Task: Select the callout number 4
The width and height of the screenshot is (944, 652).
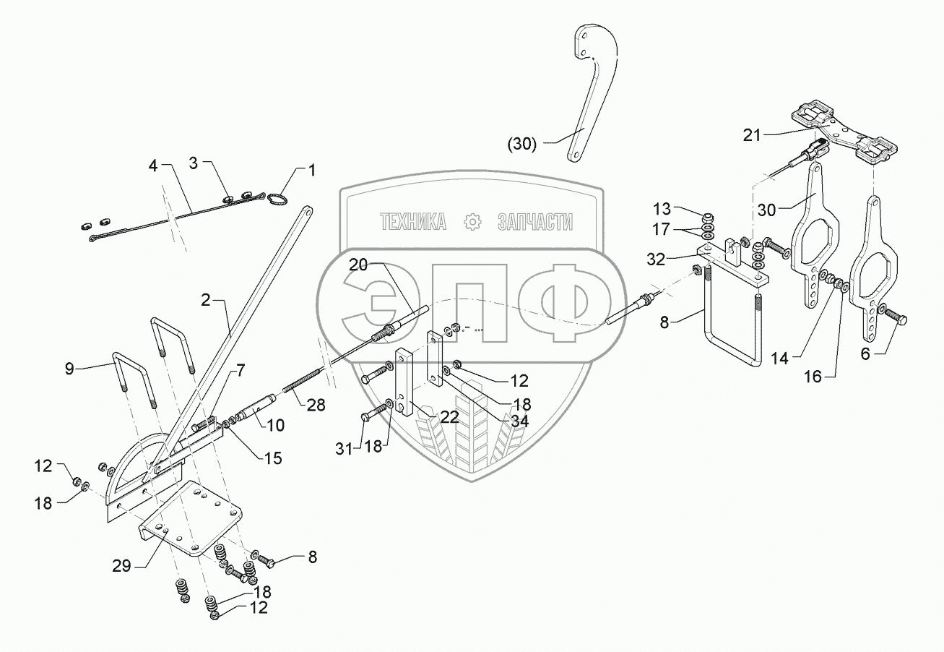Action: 152,166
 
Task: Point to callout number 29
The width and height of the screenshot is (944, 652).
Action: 122,566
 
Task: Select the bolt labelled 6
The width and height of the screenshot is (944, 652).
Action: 896,318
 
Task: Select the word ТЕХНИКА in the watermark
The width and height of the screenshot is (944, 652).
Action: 413,223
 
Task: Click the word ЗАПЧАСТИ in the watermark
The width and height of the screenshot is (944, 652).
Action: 535,223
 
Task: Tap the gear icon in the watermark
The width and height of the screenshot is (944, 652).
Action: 472,223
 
